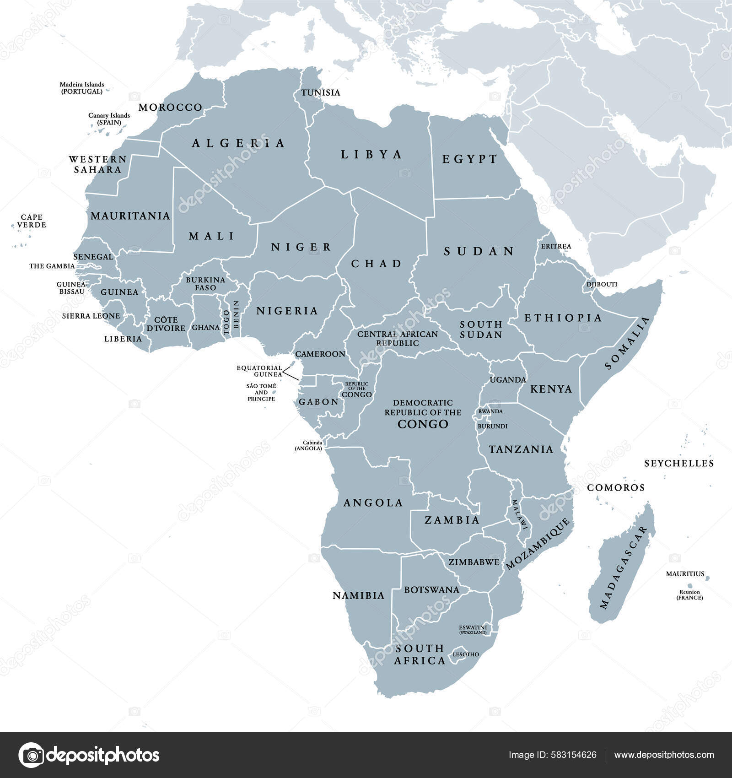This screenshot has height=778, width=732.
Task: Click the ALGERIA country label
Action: tap(238, 143)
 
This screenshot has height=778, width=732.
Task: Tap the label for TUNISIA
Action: tap(321, 93)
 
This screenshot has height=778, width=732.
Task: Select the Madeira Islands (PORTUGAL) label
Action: tap(82, 88)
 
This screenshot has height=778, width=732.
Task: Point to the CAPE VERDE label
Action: tap(32, 221)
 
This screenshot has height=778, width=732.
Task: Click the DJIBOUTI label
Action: tap(602, 284)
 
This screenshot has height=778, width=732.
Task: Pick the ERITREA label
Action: tap(556, 246)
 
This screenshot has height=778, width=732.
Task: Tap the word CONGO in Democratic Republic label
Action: tap(423, 424)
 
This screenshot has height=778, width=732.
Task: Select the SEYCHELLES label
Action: tap(679, 463)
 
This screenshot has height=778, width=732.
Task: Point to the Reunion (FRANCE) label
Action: tap(689, 594)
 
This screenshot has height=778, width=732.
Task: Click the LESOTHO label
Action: tap(466, 654)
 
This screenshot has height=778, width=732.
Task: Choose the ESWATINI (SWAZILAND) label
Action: tap(473, 629)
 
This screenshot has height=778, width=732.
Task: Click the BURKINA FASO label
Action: tap(205, 284)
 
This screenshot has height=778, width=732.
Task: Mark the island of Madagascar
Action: tap(622, 567)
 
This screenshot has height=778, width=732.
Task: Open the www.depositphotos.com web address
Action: tap(664, 755)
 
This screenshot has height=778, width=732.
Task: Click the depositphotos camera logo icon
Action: tap(31, 755)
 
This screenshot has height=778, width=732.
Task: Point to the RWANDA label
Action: tap(490, 411)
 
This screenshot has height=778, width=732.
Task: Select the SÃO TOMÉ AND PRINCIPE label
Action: tap(261, 392)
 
